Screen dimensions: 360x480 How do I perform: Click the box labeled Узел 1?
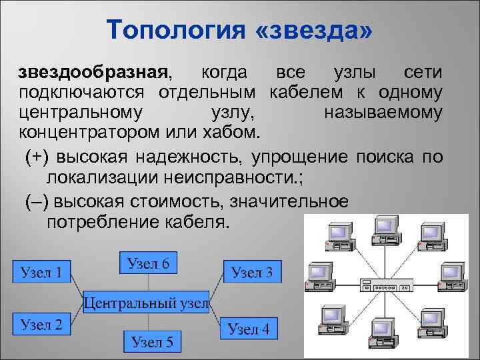(41, 272)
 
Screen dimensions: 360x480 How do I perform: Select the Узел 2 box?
(41, 325)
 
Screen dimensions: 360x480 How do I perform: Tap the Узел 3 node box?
(251, 271)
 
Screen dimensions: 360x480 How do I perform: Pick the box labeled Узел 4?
(249, 328)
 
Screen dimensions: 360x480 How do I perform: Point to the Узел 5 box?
(152, 342)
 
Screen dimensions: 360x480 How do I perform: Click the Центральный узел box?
(146, 303)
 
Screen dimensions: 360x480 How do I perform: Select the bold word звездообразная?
(91, 72)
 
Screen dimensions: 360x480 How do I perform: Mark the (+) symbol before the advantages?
(37, 157)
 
